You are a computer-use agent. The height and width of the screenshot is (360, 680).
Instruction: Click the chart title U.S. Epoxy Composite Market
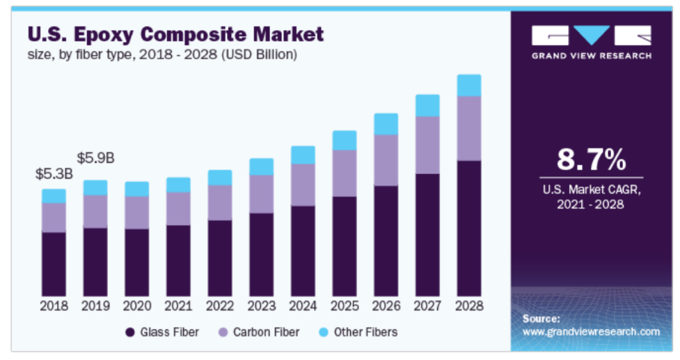(175, 34)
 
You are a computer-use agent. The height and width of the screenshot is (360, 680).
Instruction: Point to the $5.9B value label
(95, 158)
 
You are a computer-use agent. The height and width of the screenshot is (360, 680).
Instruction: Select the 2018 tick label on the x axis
(54, 306)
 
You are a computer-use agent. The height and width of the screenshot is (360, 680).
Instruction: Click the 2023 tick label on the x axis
(261, 306)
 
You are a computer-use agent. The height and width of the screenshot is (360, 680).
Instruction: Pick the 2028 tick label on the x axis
(469, 306)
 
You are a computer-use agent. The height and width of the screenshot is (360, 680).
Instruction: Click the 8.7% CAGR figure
(592, 159)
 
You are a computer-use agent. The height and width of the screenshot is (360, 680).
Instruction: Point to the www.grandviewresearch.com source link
(591, 331)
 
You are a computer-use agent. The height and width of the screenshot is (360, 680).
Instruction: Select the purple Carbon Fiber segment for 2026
(386, 160)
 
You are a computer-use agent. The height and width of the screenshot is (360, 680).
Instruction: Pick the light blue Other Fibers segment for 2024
(303, 155)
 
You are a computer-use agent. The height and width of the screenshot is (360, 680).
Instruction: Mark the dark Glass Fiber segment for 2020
(136, 262)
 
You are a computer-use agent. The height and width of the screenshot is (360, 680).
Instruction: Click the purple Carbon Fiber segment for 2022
(220, 203)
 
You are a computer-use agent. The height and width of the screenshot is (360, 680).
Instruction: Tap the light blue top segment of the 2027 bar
(427, 105)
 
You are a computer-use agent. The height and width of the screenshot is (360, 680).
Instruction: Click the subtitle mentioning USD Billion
(162, 54)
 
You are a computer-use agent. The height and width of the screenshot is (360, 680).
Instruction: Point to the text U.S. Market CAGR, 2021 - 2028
(592, 196)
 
